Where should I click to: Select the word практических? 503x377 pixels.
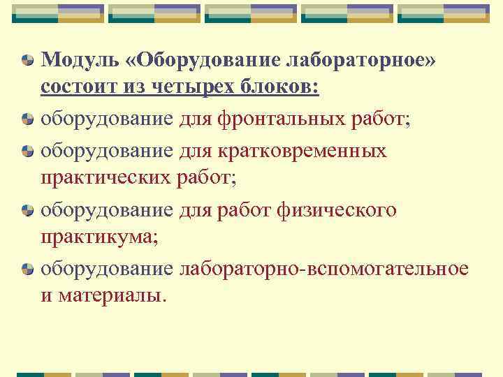coord(105,178)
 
